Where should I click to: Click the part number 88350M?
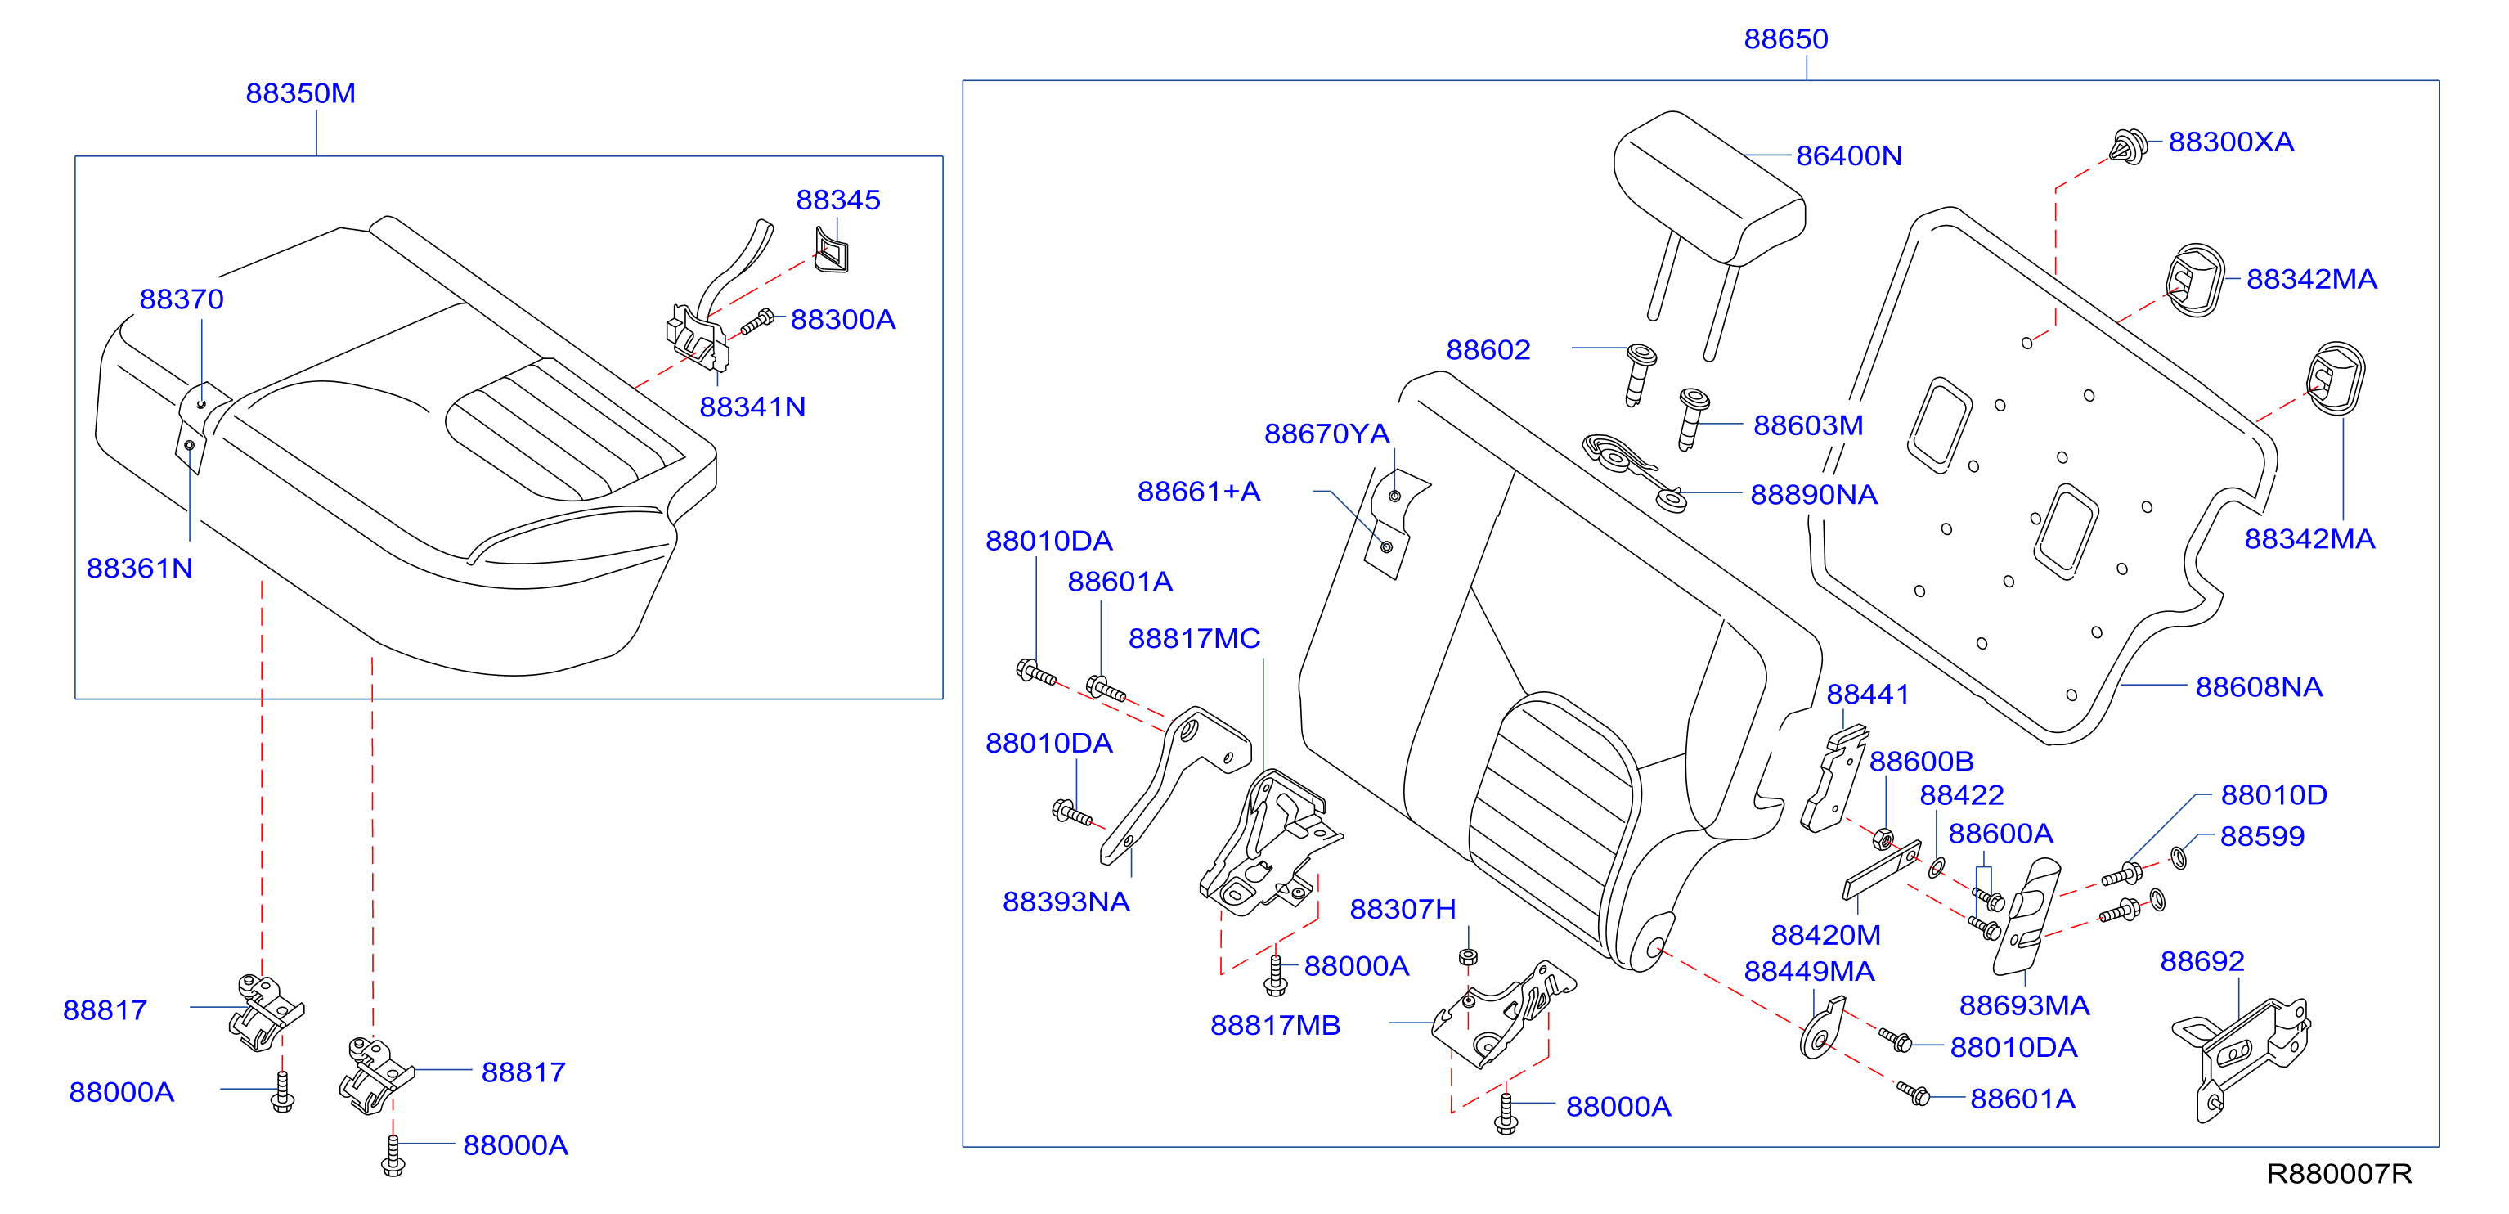tap(300, 93)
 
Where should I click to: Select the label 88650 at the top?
tap(1785, 39)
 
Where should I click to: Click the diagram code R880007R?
tap(2339, 1173)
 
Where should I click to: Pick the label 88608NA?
tap(2259, 687)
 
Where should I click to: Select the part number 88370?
tap(182, 299)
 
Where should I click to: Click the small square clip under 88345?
tap(831, 249)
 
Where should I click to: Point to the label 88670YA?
tap(1326, 434)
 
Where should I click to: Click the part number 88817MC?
tap(1194, 638)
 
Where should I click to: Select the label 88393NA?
tap(1066, 902)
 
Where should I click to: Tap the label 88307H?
tap(1403, 909)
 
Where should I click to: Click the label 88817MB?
tap(1275, 1025)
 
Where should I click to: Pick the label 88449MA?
tap(1809, 971)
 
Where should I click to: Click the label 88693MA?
tap(2024, 1005)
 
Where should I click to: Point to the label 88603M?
tap(1807, 425)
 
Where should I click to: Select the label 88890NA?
tap(1814, 495)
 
